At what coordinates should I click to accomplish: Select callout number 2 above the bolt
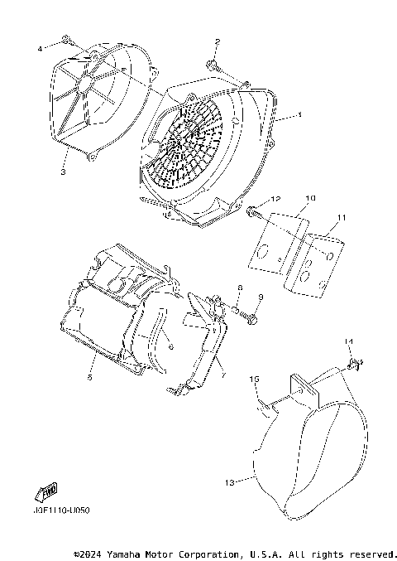click(217, 41)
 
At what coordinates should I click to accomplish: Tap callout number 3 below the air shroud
click(63, 172)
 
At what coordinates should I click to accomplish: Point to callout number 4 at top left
click(39, 50)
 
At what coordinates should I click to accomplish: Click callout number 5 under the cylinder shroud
click(89, 377)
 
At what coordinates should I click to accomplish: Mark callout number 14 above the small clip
click(348, 341)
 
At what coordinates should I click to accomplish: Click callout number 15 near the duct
click(256, 380)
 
